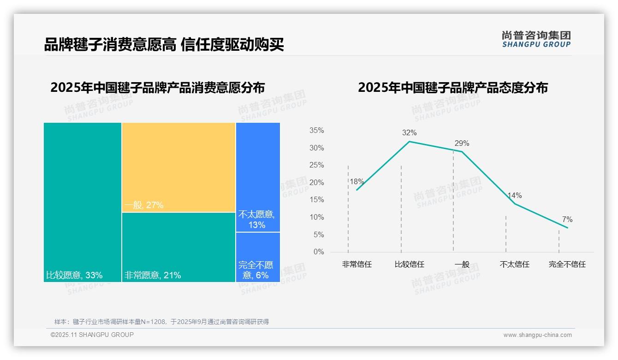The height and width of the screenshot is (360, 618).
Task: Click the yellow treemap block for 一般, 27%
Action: tap(178, 167)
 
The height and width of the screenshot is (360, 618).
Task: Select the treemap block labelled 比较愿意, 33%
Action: tap(83, 202)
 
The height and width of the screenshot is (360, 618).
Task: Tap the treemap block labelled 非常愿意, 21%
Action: tap(178, 247)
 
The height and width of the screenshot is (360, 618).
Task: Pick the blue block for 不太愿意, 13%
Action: tap(258, 177)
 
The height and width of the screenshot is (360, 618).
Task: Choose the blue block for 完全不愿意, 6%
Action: tap(258, 257)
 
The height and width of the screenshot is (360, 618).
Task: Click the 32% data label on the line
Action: tap(409, 133)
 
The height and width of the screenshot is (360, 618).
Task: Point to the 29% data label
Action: tap(462, 144)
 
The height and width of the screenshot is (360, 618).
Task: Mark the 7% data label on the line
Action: tap(567, 220)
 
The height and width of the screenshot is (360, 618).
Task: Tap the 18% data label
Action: tap(357, 182)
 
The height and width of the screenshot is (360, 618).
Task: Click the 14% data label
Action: tap(514, 196)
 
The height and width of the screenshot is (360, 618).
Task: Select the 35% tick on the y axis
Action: tap(316, 131)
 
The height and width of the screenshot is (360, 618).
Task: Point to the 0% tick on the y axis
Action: tap(319, 252)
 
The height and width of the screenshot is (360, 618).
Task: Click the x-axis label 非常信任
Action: tap(357, 264)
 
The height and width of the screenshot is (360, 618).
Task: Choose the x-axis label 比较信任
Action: tap(409, 264)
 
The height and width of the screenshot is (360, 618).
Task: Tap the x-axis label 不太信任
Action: tap(514, 264)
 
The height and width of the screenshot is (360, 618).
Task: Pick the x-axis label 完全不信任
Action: tap(567, 264)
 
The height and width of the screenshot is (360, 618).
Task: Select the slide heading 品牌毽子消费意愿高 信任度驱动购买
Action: tap(164, 44)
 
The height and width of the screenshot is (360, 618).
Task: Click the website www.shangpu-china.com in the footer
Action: tap(537, 335)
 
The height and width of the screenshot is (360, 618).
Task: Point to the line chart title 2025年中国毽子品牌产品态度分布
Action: tap(452, 88)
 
